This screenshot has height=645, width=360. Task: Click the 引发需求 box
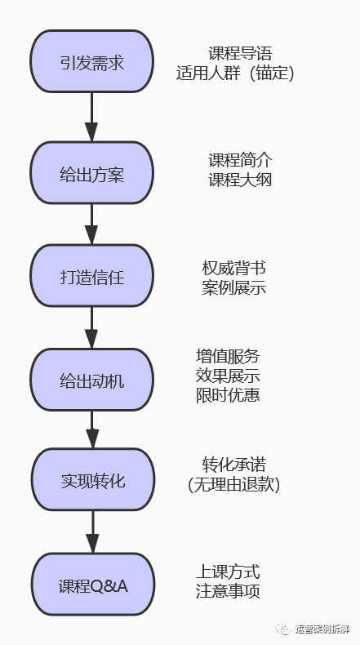click(x=91, y=62)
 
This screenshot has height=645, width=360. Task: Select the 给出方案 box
click(x=91, y=173)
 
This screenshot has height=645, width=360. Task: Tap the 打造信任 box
click(x=91, y=277)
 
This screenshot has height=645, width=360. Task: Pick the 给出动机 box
click(x=91, y=380)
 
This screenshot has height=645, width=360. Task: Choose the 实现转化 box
click(x=91, y=481)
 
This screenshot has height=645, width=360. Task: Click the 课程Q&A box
click(x=91, y=585)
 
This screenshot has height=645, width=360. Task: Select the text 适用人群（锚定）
click(x=235, y=73)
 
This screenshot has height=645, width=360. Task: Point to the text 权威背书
click(x=233, y=269)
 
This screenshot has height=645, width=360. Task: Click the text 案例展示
click(x=233, y=288)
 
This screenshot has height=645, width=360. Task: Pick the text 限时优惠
click(x=228, y=395)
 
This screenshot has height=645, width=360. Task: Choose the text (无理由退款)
click(x=233, y=484)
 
